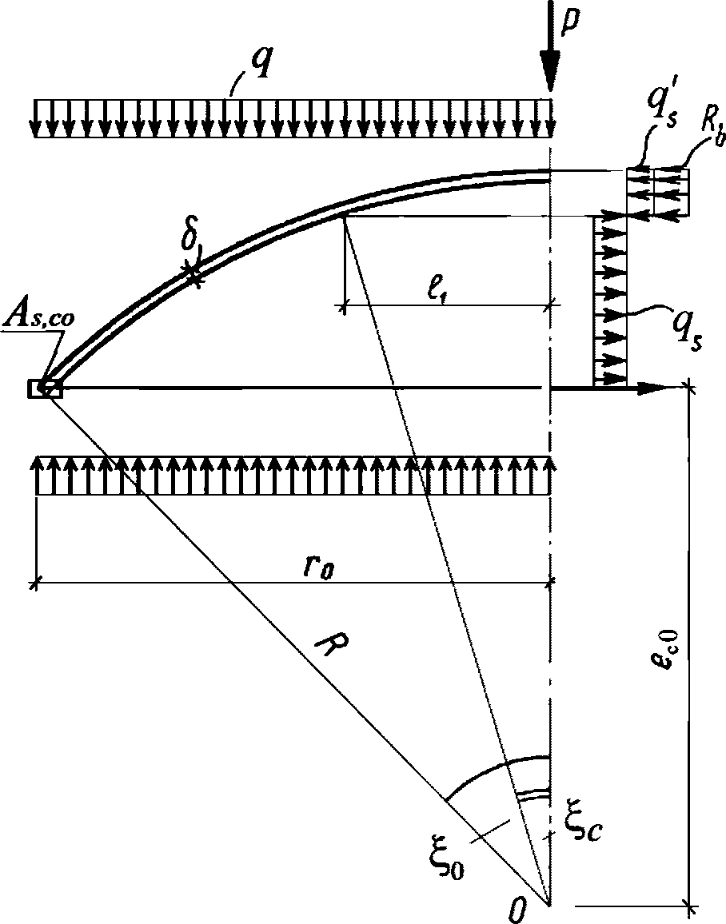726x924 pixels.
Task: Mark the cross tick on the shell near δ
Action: pyautogui.click(x=193, y=273)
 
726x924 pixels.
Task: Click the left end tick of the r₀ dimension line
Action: pyautogui.click(x=35, y=584)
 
